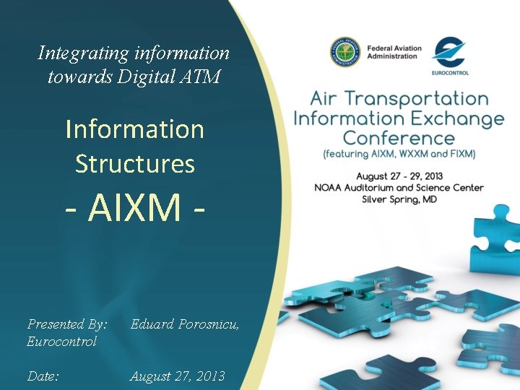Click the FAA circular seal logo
click(x=345, y=53)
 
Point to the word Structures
click(x=135, y=163)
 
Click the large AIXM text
click(x=135, y=207)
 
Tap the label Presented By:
click(x=67, y=324)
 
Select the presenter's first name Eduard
click(x=152, y=324)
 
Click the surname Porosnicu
click(x=209, y=324)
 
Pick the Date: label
click(x=43, y=376)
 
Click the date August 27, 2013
click(x=177, y=376)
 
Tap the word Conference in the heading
click(x=399, y=138)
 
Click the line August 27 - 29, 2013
click(x=399, y=175)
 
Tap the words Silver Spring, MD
click(x=399, y=199)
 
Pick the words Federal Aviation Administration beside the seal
click(x=394, y=52)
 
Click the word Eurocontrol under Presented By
click(x=61, y=342)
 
